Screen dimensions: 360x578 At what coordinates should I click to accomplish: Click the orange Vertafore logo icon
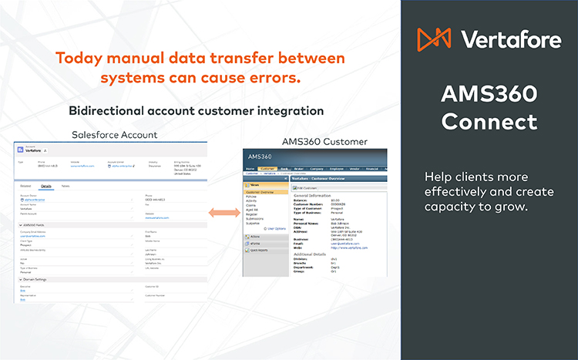pyautogui.click(x=435, y=38)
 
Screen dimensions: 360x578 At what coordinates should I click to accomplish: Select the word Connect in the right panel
pyautogui.click(x=489, y=122)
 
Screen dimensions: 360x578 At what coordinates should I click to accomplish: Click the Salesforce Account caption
pyautogui.click(x=114, y=135)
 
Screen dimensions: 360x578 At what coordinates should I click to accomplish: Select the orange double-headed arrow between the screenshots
pyautogui.click(x=222, y=211)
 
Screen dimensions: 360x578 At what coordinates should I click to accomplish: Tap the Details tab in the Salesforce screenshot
pyautogui.click(x=46, y=186)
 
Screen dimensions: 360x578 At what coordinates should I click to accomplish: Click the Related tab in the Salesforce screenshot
pyautogui.click(x=25, y=186)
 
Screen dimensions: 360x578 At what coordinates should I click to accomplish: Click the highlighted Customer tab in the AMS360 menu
pyautogui.click(x=267, y=168)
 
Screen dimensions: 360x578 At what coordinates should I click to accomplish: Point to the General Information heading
pyautogui.click(x=318, y=196)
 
